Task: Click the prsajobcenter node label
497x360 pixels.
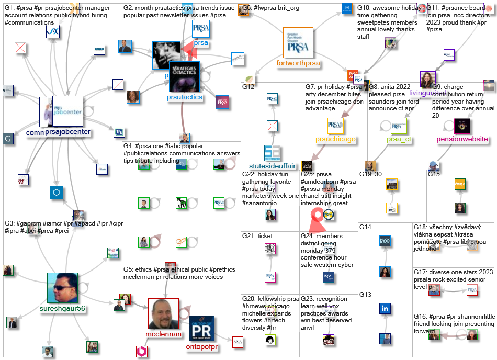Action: click(x=68, y=132)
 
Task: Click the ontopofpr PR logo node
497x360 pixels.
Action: click(x=201, y=328)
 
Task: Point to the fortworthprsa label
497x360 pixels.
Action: click(x=298, y=63)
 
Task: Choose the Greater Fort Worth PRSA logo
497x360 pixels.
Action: click(x=298, y=42)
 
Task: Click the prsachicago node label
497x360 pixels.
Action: click(x=335, y=139)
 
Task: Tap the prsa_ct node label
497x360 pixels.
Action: click(x=399, y=139)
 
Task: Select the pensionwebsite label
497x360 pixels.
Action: click(x=462, y=139)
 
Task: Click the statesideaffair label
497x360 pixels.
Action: click(x=272, y=166)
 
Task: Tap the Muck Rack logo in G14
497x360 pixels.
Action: click(x=385, y=241)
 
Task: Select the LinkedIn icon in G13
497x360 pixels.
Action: click(x=385, y=308)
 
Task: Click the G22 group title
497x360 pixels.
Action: click(x=249, y=174)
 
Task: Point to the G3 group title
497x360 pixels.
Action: click(x=10, y=223)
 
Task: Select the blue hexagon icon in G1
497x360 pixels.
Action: click(x=57, y=193)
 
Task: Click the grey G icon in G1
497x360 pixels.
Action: click(x=8, y=139)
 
